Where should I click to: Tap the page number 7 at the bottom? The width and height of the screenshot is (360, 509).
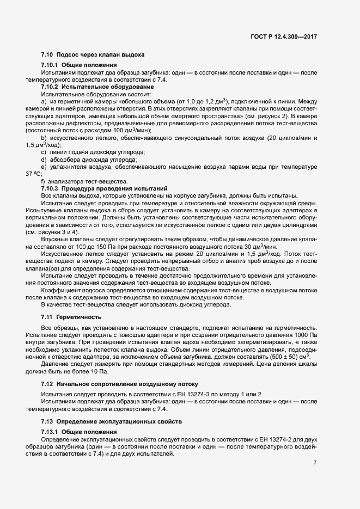(315, 462)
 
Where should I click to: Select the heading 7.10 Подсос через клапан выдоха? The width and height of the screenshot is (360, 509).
(93, 54)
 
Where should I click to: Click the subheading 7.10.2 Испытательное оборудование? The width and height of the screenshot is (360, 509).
(97, 87)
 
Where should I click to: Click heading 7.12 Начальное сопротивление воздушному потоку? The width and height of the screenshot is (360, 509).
(119, 384)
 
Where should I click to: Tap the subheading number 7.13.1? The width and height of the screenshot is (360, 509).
(51, 431)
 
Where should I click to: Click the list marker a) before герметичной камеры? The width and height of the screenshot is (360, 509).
(44, 102)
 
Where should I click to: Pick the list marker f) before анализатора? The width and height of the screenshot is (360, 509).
(43, 181)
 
